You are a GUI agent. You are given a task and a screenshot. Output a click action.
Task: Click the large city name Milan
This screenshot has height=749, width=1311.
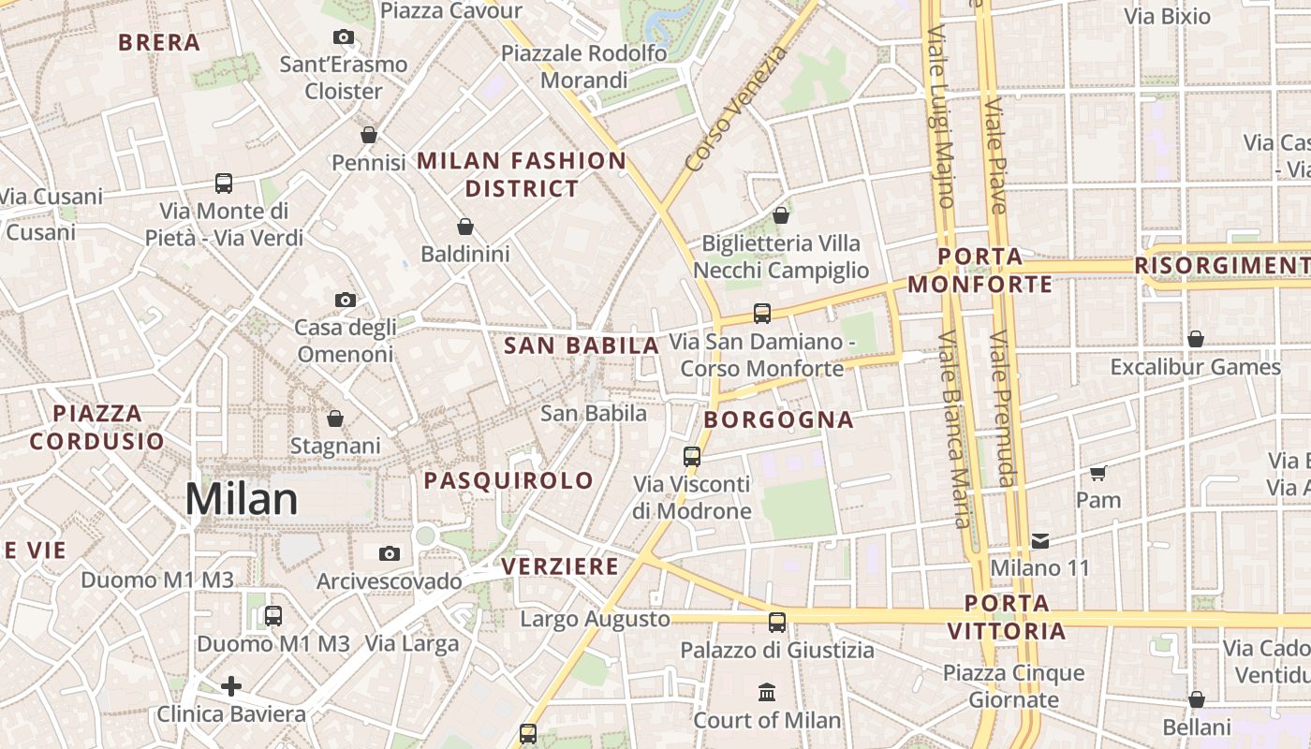coord(242,499)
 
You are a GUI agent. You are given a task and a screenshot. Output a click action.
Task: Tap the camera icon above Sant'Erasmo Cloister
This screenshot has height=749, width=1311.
coord(344,37)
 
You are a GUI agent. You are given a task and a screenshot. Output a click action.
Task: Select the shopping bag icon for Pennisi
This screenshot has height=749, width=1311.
coord(369,135)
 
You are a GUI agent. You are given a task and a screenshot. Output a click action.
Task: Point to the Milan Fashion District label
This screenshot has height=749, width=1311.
coord(522,174)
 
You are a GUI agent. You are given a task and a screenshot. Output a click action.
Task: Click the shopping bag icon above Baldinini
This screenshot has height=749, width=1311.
coord(465,227)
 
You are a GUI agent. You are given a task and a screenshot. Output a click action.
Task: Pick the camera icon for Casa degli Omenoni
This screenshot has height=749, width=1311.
coord(346,300)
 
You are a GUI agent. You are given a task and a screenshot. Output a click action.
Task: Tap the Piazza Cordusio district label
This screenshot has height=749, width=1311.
coord(96,427)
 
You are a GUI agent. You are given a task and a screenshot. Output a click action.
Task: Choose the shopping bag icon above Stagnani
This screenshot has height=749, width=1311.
coord(335,419)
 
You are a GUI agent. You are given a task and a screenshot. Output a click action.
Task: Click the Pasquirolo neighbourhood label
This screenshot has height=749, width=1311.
coord(508,480)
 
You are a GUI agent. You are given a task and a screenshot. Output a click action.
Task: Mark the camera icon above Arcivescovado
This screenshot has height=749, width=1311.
coord(390,553)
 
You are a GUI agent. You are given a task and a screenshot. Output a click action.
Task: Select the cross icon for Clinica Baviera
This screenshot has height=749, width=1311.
coord(231,686)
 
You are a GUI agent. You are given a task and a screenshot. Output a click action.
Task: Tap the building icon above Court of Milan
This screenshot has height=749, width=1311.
coord(767,693)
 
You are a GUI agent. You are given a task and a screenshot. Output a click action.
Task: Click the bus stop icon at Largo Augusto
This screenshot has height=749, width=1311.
coord(777,622)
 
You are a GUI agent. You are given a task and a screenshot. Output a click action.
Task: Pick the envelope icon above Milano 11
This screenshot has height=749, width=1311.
coord(1040,540)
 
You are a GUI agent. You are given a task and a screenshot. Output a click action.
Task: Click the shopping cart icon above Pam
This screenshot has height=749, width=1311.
coord(1098,473)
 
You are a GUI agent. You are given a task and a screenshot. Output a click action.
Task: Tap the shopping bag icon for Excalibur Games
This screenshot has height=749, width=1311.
coord(1196,339)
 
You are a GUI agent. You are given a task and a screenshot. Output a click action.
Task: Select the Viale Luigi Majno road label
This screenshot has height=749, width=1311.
coord(940,117)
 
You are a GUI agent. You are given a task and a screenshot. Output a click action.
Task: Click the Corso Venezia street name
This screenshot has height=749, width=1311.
coord(737,109)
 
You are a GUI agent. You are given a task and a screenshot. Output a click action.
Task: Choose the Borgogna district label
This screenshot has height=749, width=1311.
coord(779,419)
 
